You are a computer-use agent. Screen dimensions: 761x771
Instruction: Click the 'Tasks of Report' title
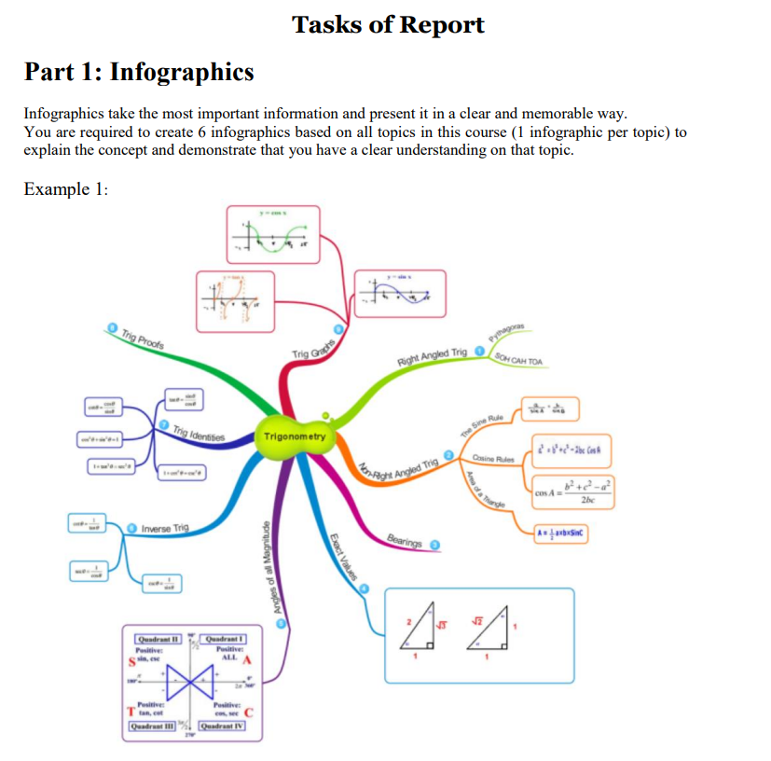point(388,24)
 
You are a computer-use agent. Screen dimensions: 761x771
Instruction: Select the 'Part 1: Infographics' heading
point(139,72)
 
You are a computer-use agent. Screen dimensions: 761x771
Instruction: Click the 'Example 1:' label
point(66,189)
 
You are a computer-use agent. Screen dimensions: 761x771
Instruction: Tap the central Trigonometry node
point(295,436)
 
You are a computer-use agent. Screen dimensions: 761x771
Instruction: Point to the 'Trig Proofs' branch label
point(136,339)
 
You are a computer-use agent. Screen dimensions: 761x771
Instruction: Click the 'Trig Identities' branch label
point(200,432)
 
